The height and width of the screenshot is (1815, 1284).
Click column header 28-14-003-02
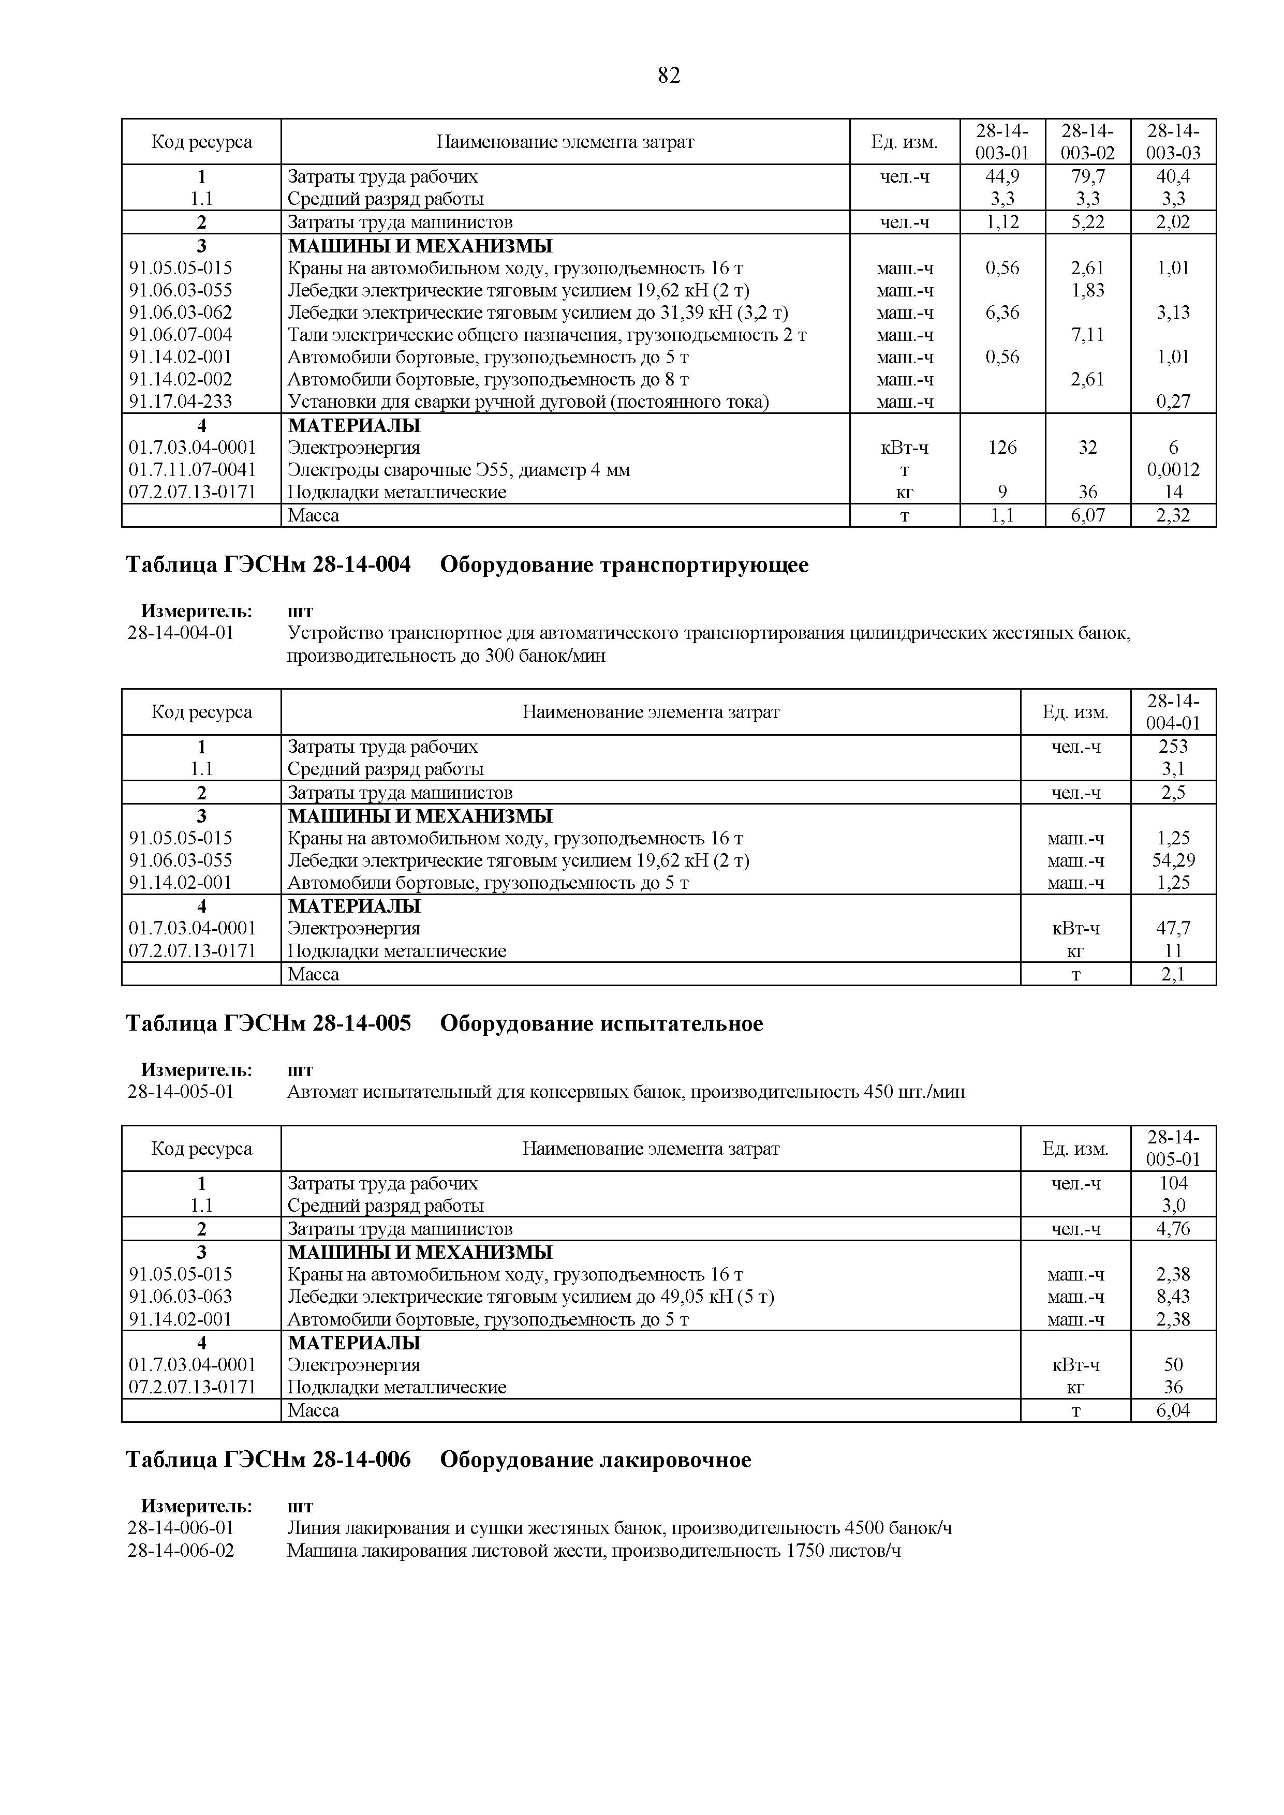coord(1087,141)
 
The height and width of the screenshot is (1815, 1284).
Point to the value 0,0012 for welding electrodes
coord(1173,470)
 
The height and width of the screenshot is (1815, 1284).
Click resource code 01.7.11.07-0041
coord(192,470)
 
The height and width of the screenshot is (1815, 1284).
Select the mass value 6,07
coord(1087,515)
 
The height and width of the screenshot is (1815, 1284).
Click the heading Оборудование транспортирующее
coord(624,565)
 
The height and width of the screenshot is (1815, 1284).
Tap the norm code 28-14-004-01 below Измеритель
coord(181,633)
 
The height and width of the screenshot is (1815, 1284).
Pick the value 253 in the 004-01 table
coord(1173,746)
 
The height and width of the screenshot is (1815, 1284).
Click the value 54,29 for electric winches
coord(1173,860)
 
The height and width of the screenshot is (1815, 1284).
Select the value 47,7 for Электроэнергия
coord(1173,928)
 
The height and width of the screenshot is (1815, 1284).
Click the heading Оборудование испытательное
coord(601,1024)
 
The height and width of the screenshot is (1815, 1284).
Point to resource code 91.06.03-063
coord(181,1297)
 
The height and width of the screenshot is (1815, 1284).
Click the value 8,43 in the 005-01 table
coord(1173,1297)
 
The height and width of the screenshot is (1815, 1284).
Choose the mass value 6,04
coord(1173,1410)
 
